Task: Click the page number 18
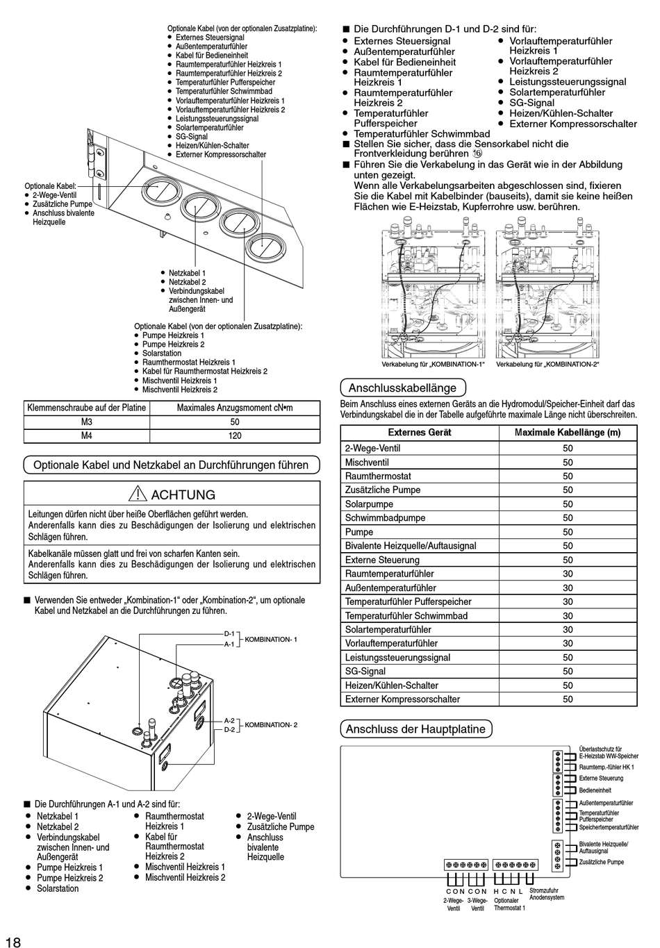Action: pyautogui.click(x=13, y=942)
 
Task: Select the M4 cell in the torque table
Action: pyautogui.click(x=87, y=435)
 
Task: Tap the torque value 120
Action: pyautogui.click(x=235, y=435)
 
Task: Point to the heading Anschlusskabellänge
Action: pyautogui.click(x=402, y=388)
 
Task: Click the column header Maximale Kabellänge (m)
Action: pyautogui.click(x=568, y=432)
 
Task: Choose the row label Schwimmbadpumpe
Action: pyautogui.click(x=385, y=518)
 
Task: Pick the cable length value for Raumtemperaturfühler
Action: pyautogui.click(x=568, y=574)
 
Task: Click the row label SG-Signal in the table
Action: pyautogui.click(x=365, y=672)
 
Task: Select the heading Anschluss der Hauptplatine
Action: pyautogui.click(x=415, y=729)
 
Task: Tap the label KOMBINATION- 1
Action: pyautogui.click(x=271, y=639)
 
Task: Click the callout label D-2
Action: pyautogui.click(x=229, y=730)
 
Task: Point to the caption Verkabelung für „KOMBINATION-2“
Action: pyautogui.click(x=547, y=364)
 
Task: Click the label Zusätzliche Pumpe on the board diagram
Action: pyautogui.click(x=602, y=862)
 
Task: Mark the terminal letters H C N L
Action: pyautogui.click(x=508, y=891)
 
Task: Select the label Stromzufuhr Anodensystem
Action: pyautogui.click(x=546, y=894)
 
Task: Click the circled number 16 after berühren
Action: pyautogui.click(x=477, y=153)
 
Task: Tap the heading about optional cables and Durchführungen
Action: pyautogui.click(x=171, y=465)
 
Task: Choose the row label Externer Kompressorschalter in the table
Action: pyautogui.click(x=402, y=699)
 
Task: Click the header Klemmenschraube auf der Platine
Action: pyautogui.click(x=87, y=408)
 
